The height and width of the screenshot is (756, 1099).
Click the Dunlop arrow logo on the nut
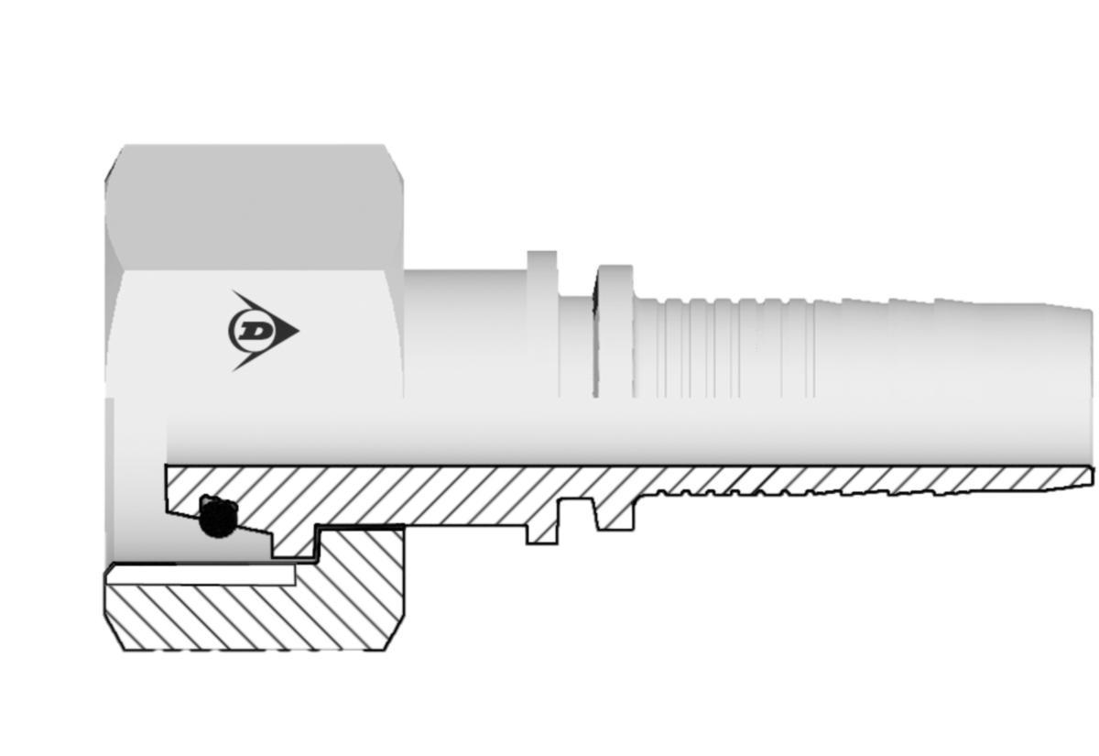point(261,331)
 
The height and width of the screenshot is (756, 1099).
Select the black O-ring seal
point(217,520)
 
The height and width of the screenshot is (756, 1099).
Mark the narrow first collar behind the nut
point(542,321)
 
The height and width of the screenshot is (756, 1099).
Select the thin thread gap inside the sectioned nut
point(201,574)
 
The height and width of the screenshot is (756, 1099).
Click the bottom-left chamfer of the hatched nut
point(115,637)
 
